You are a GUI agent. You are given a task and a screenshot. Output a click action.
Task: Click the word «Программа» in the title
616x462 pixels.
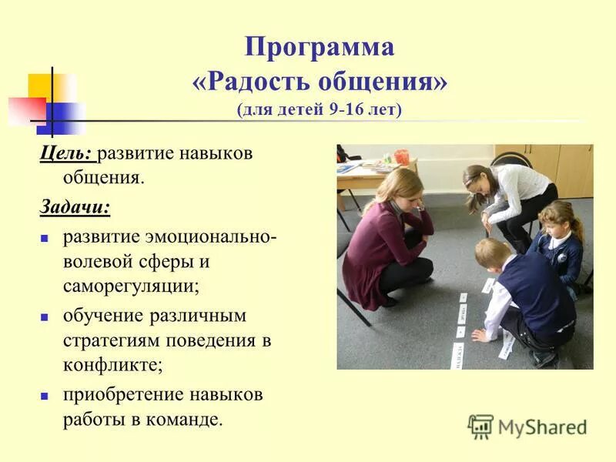[320, 48]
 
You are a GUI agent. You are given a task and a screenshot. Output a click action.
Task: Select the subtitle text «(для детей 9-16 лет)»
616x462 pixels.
[320, 109]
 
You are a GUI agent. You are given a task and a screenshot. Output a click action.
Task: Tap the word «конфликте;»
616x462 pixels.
[112, 365]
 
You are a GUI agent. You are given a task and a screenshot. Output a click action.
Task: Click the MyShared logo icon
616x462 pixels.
[480, 426]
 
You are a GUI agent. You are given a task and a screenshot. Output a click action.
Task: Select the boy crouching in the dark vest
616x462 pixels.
[524, 300]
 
